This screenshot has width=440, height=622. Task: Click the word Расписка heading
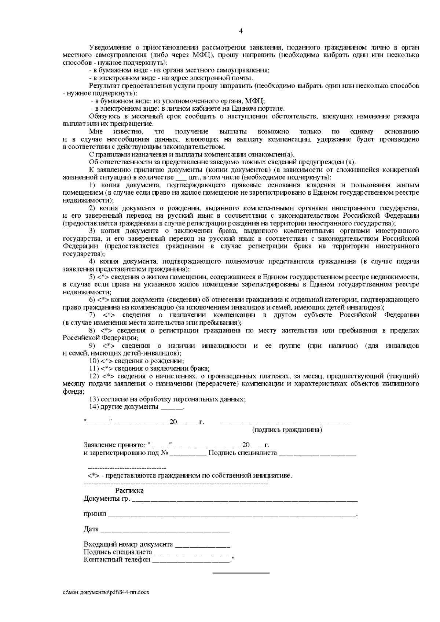point(129,491)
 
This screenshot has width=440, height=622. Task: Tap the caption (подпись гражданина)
point(287,430)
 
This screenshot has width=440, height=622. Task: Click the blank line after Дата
point(165,530)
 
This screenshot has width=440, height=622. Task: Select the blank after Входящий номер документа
point(202,545)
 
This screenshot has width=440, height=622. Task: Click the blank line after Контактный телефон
point(191,560)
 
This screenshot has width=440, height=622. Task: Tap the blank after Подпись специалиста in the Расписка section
point(191,553)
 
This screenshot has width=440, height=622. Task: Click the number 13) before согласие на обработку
point(93,399)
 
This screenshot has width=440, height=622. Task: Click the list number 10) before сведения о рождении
point(94,361)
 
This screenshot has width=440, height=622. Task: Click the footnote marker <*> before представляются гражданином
point(94,476)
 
